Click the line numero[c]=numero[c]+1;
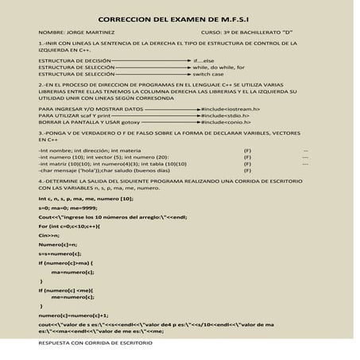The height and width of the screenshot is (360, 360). coord(72,315)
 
